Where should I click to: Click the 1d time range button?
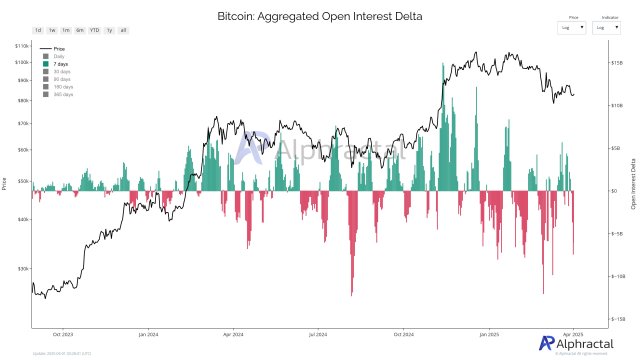point(38,30)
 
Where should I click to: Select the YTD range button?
point(94,30)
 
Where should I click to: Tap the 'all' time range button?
point(123,30)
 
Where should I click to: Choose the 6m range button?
point(80,30)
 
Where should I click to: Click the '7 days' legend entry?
point(60,63)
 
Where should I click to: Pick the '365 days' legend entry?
point(62,94)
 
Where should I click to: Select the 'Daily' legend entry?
point(58,56)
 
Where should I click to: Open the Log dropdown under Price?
point(573,27)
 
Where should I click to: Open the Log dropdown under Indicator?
point(610,27)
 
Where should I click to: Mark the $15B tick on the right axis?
point(617,62)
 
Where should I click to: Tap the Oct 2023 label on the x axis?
point(64,333)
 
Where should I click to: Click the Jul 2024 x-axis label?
point(320,333)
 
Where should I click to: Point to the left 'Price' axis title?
point(5,183)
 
